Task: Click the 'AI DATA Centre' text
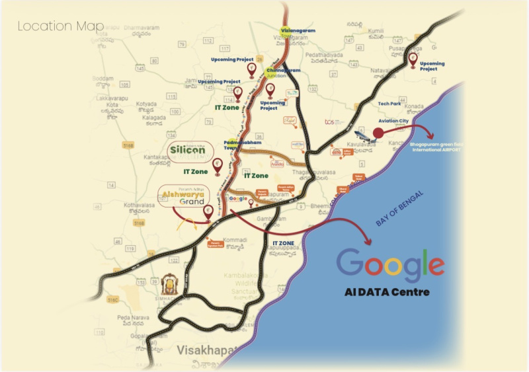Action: click(x=387, y=292)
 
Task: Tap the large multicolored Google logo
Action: click(x=390, y=262)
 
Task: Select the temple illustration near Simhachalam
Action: click(x=170, y=285)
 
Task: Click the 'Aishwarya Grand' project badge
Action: click(x=183, y=197)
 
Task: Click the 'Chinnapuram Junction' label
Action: click(x=283, y=72)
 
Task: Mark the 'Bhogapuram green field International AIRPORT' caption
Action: click(x=438, y=146)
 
